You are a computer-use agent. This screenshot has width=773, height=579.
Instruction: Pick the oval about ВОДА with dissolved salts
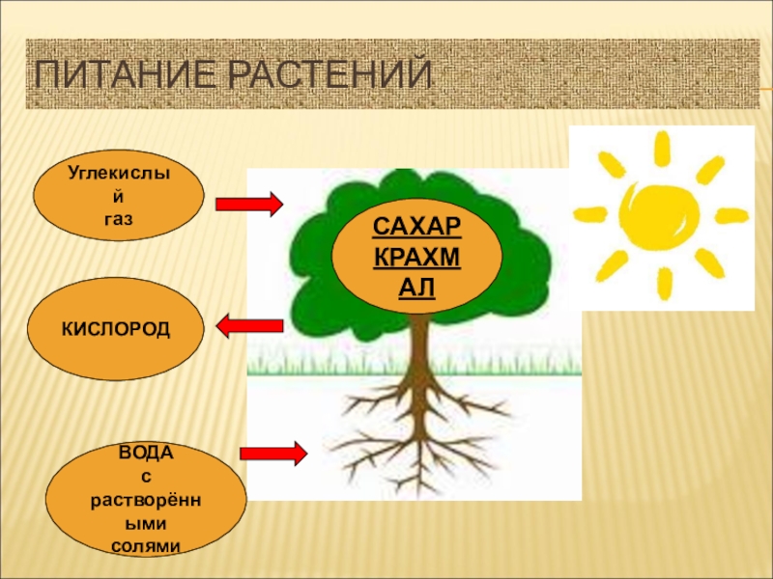click(146, 502)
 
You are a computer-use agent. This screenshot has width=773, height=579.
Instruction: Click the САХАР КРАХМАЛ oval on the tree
click(417, 257)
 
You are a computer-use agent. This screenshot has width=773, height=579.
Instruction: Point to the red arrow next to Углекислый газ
click(248, 204)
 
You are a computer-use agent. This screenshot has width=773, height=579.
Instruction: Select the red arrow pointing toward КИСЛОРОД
click(248, 327)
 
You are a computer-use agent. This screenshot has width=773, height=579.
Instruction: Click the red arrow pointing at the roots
click(273, 453)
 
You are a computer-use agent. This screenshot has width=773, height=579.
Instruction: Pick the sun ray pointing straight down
click(665, 283)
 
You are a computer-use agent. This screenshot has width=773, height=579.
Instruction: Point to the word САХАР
click(417, 228)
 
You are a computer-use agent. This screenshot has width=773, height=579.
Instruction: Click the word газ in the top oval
click(119, 220)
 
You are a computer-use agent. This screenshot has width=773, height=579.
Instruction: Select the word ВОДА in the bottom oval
click(145, 452)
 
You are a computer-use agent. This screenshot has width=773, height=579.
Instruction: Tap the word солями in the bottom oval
click(146, 546)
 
